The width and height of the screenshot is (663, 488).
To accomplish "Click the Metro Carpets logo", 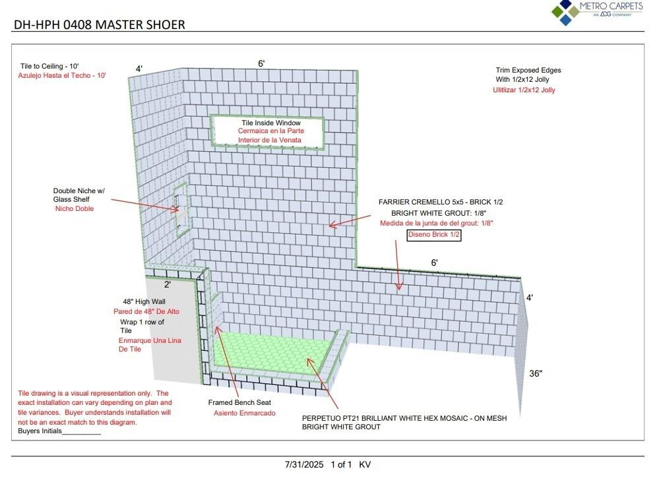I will pos(596,12).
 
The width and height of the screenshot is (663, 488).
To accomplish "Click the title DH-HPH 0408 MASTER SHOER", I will pos(100,25).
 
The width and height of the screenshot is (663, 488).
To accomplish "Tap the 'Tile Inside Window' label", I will pos(270,123).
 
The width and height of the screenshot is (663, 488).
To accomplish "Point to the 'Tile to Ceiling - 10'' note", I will pos(49,66).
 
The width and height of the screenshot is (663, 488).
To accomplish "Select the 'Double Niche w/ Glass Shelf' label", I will pos(79,195).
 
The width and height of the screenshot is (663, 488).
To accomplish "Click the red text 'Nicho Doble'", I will pos(75,208).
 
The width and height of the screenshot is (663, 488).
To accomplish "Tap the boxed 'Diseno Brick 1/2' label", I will pos(433,235).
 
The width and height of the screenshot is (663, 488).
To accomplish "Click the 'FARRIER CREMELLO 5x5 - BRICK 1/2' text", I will pos(445,202).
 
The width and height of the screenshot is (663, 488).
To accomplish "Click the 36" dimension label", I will pos(536,373).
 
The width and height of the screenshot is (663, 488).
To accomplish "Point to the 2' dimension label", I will pos(168,285).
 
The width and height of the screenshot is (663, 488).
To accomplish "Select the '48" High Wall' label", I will pos(144,301).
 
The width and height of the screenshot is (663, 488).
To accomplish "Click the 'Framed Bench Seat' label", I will pos(239,402).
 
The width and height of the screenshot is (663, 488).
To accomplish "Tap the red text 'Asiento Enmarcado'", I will pos(244,413).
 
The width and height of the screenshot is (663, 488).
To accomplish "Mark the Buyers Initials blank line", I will pos(81,433).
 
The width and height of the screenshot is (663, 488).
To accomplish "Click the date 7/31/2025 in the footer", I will pos(304,464).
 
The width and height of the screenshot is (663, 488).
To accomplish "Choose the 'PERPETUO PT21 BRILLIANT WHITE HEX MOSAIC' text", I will pos(404,417).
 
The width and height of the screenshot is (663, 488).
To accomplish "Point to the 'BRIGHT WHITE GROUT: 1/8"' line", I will pos(433,213).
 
